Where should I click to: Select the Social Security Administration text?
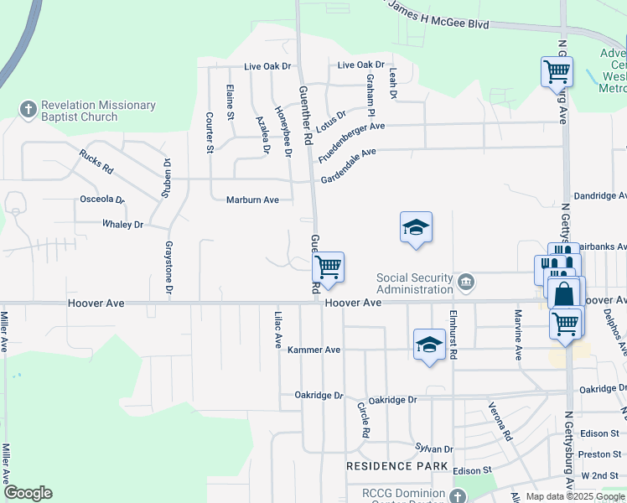pyautogui.click(x=414, y=283)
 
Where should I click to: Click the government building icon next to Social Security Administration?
pyautogui.click(x=466, y=283)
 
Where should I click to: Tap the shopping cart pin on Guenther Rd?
pyautogui.click(x=329, y=267)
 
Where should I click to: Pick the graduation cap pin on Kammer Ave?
pyautogui.click(x=428, y=345)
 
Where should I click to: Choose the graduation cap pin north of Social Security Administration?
pyautogui.click(x=416, y=227)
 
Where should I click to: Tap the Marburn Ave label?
pyautogui.click(x=252, y=200)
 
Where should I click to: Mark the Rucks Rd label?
pyautogui.click(x=96, y=160)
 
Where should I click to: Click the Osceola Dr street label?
pyautogui.click(x=101, y=200)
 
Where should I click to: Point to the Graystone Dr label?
pyautogui.click(x=168, y=267)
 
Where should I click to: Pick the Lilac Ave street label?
pyautogui.click(x=277, y=329)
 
